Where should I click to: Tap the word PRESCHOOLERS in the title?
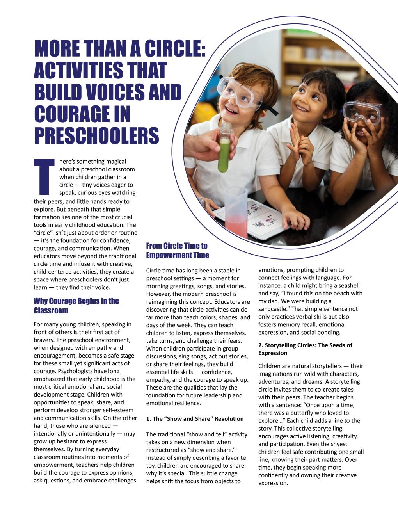[96, 135]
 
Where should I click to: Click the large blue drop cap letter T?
[44, 176]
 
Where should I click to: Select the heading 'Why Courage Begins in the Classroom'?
[76, 306]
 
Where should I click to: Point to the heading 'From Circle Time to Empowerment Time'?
[178, 250]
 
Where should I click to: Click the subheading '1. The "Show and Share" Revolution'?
[195, 418]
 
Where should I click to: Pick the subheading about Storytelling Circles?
[305, 349]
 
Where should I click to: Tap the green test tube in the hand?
[224, 150]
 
